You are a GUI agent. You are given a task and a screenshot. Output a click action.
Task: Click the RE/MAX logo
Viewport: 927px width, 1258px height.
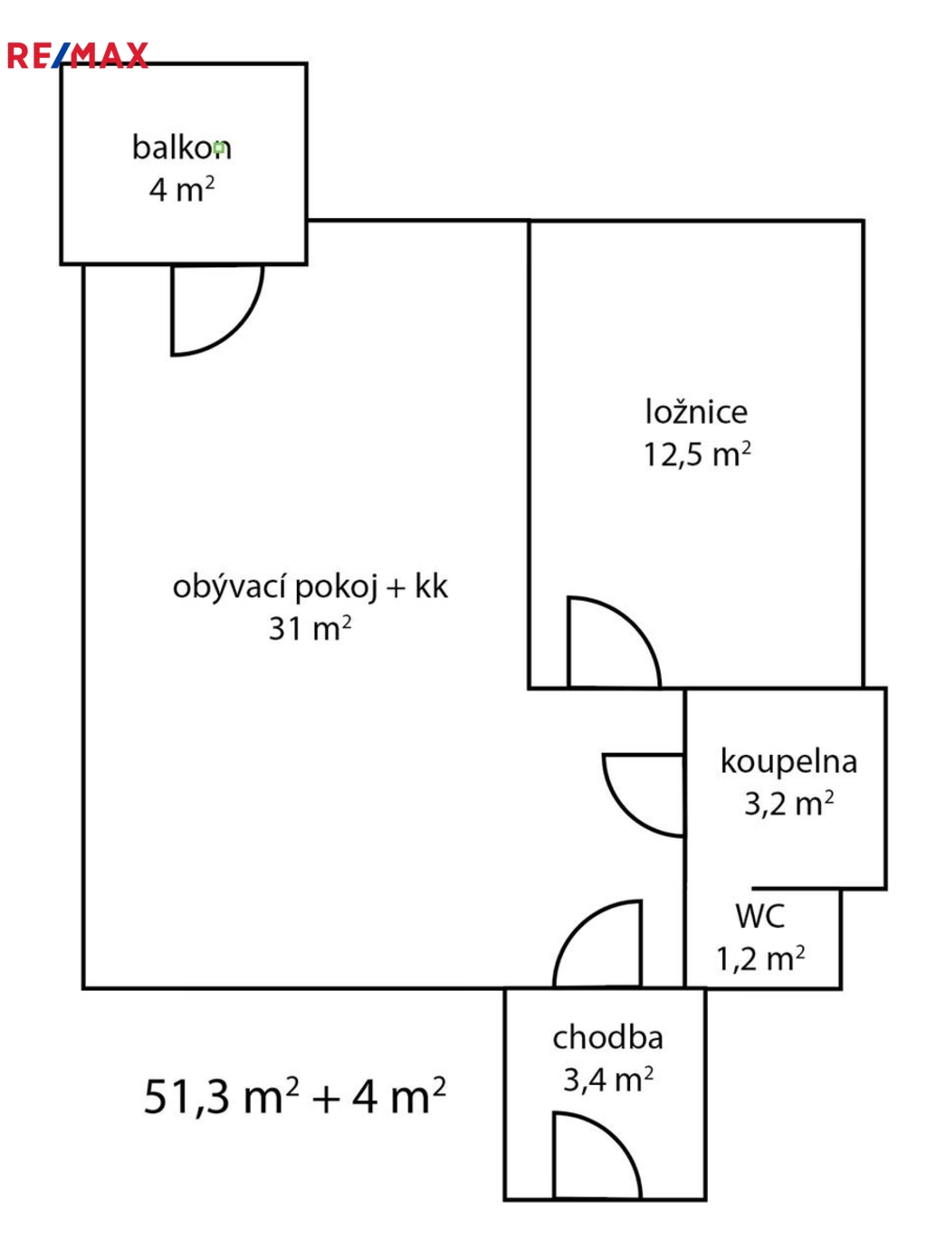[78, 55]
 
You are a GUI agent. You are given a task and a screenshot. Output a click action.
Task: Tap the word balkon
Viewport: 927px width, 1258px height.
[181, 148]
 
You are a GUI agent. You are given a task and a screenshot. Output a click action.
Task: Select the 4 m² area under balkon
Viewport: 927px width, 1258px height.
[181, 189]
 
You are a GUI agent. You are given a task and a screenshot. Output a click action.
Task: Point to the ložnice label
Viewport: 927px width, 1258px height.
[696, 412]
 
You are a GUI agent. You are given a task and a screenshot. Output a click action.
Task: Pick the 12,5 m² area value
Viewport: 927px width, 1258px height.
[697, 453]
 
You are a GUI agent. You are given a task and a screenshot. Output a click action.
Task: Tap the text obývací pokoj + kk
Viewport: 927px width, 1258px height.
[311, 587]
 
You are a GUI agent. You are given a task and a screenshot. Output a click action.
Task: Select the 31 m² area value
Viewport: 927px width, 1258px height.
[310, 628]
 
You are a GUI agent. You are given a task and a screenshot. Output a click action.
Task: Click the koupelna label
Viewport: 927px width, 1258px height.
[788, 762]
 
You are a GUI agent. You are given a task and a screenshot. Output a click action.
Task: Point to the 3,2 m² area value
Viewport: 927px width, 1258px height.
[788, 804]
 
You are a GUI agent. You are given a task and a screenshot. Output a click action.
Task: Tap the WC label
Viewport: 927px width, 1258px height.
[760, 916]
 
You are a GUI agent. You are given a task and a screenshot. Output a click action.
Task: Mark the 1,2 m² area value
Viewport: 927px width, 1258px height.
[760, 958]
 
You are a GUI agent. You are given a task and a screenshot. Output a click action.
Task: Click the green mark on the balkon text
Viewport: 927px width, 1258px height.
[220, 148]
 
